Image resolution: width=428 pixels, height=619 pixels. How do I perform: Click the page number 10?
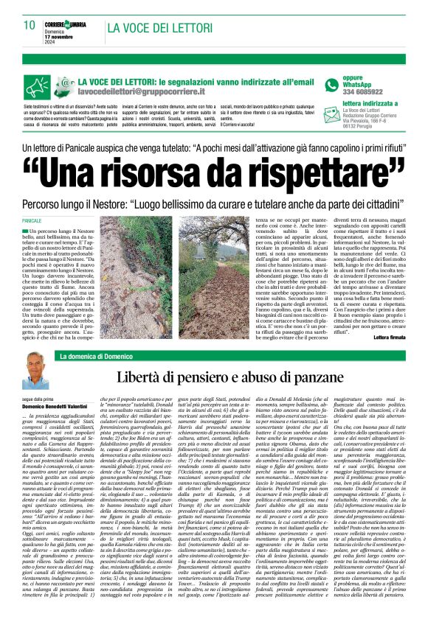[30, 25]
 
